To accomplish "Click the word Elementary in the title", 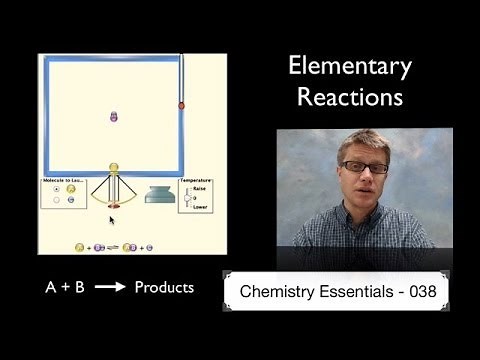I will coord(349,68).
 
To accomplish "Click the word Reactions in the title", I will coord(349,98).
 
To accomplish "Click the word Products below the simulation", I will coord(164,287).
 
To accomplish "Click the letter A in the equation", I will coord(51,288).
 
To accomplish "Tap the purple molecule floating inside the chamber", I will coord(113,117).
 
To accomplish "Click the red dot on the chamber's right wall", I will coord(182,105).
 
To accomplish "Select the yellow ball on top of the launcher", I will coord(113,169).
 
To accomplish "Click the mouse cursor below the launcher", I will coord(112,218).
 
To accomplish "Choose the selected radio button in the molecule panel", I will coord(57,188).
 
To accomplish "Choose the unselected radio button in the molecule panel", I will coord(57,199).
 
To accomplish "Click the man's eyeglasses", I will coord(357,166).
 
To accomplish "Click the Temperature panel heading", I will coord(196,180).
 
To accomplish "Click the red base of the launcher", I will coord(113,204).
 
